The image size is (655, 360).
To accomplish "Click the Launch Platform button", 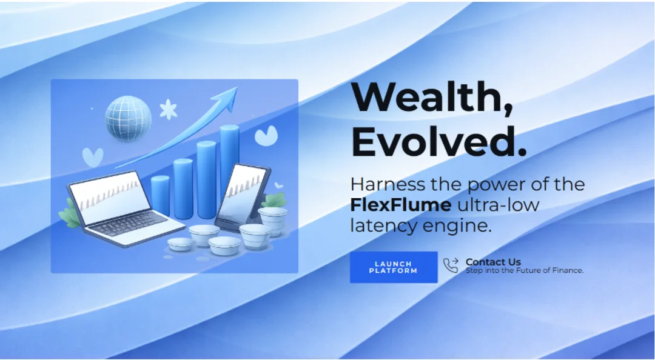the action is point(394,267).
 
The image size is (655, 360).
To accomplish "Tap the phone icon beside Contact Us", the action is point(451,265).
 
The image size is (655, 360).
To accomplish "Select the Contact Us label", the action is point(493,262).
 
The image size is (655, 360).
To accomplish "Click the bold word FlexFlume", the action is point(401,205).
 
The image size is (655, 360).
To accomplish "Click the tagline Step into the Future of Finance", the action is point(524,271).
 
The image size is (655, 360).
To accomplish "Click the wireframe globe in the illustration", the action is point(128,119).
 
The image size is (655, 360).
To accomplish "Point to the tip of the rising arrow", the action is point(237,87).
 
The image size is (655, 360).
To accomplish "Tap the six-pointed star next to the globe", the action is point(169,110).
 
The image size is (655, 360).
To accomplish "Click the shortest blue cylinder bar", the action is point(160,195).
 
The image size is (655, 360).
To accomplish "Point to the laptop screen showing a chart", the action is point(110,196).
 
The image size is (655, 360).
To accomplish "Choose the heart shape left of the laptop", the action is point(92,157).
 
